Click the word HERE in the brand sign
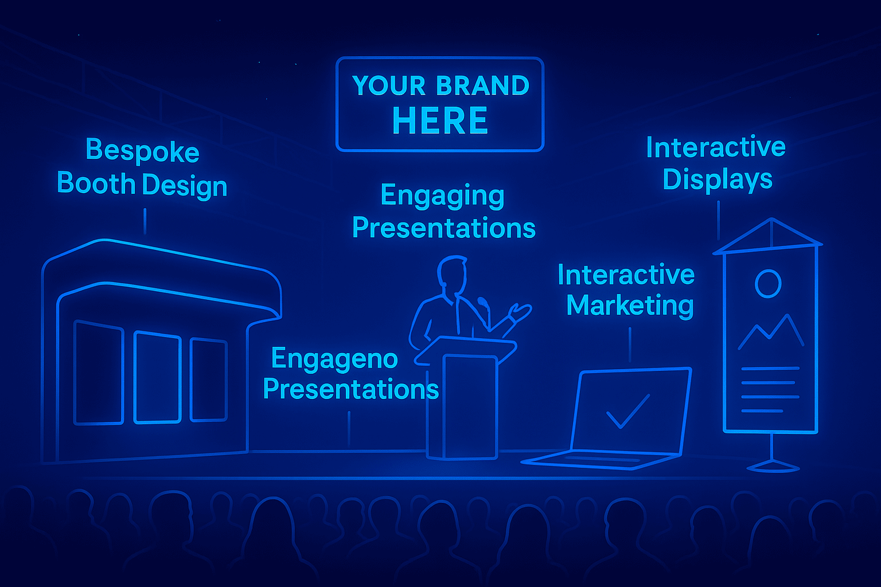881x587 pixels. tap(440, 120)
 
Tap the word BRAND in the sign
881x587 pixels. tap(483, 85)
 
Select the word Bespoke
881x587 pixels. tap(142, 151)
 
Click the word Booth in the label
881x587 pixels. tap(96, 183)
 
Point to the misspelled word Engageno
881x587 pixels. tap(335, 359)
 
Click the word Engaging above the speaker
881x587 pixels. tap(442, 196)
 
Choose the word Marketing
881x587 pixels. tap(630, 306)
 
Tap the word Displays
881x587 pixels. tap(718, 180)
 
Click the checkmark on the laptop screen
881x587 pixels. tap(628, 411)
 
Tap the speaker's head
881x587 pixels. tap(453, 273)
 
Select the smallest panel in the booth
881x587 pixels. tap(208, 380)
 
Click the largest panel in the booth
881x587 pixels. tap(99, 373)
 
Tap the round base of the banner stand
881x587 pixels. tap(773, 467)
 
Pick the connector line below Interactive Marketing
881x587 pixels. tap(630, 345)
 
